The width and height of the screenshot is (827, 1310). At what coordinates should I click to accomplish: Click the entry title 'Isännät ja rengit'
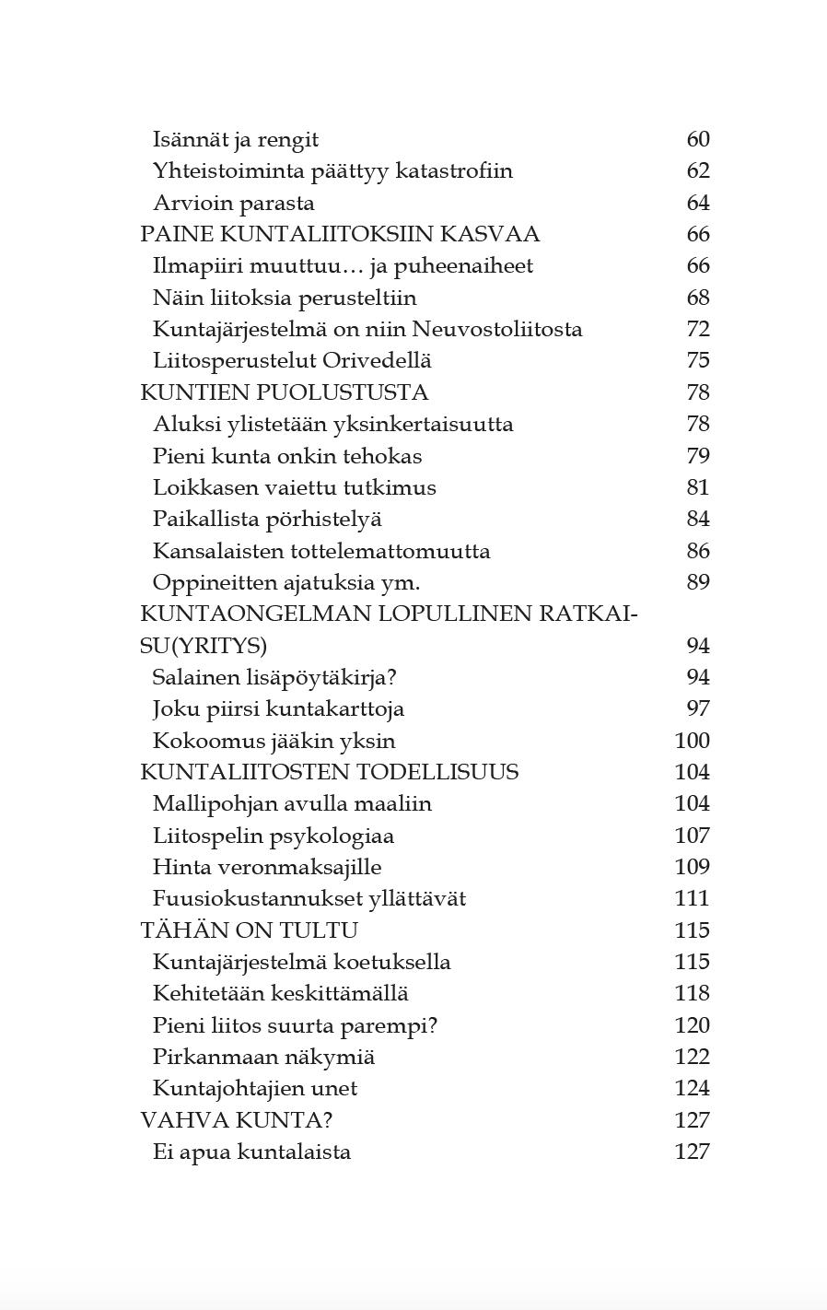pyautogui.click(x=235, y=140)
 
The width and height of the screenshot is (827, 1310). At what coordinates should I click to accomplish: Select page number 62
pyautogui.click(x=698, y=171)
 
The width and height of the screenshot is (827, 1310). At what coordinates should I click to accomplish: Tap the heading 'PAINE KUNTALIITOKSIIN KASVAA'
pyautogui.click(x=339, y=235)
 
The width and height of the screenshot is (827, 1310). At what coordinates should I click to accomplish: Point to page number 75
pyautogui.click(x=698, y=361)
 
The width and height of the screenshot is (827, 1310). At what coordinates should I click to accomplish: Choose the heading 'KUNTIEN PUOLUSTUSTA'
pyautogui.click(x=284, y=392)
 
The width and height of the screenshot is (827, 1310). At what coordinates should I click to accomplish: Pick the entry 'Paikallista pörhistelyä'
pyautogui.click(x=267, y=520)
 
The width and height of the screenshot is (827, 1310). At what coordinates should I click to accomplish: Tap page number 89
pyautogui.click(x=698, y=582)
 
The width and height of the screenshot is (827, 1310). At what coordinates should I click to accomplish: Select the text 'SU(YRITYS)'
pyautogui.click(x=203, y=646)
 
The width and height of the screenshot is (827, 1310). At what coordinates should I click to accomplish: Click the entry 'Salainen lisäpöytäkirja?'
pyautogui.click(x=274, y=678)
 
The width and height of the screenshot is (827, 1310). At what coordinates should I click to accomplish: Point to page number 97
pyautogui.click(x=698, y=709)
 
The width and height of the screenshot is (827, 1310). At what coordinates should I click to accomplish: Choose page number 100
pyautogui.click(x=693, y=741)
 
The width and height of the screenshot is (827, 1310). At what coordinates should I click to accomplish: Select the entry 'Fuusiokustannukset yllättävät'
pyautogui.click(x=309, y=899)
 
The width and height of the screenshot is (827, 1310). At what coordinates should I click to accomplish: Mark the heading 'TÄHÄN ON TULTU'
pyautogui.click(x=249, y=930)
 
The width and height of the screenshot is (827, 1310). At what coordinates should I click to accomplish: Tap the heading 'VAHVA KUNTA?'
pyautogui.click(x=236, y=1120)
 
